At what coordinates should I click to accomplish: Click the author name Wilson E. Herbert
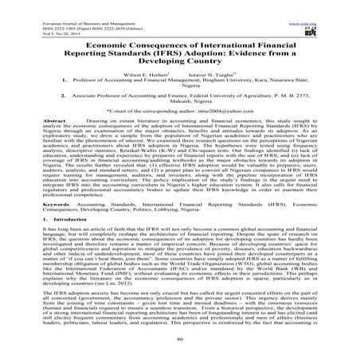149,68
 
